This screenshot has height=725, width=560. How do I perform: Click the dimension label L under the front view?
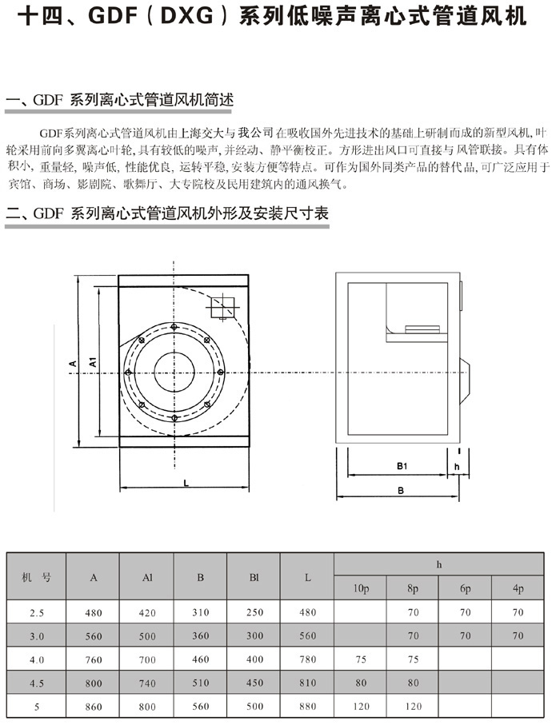pos(185,483)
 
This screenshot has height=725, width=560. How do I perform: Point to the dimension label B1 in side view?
pos(402,465)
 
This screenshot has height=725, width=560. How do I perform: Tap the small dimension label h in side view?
pos(457,465)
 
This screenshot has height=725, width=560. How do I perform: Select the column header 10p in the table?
pos(361,589)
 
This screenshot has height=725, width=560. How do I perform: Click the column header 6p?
pos(466,589)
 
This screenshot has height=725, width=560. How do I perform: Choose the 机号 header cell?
pos(36,577)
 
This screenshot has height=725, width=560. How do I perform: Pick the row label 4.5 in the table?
pos(36,683)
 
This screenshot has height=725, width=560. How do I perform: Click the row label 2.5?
pos(36,613)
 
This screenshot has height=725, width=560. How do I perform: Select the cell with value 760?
pos(94,660)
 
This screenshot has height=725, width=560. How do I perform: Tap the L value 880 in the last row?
pos(307,707)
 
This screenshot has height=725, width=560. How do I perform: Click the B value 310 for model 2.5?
pos(200,613)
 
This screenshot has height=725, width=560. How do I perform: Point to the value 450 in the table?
pos(254,683)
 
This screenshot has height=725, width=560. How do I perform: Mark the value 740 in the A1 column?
pos(146,683)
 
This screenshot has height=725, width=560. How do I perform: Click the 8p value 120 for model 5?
pos(413,707)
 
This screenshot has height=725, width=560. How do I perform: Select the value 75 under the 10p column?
pos(361,660)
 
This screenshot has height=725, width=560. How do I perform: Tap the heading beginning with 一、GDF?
pos(120,102)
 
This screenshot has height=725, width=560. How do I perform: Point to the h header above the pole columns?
pos(439,564)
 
